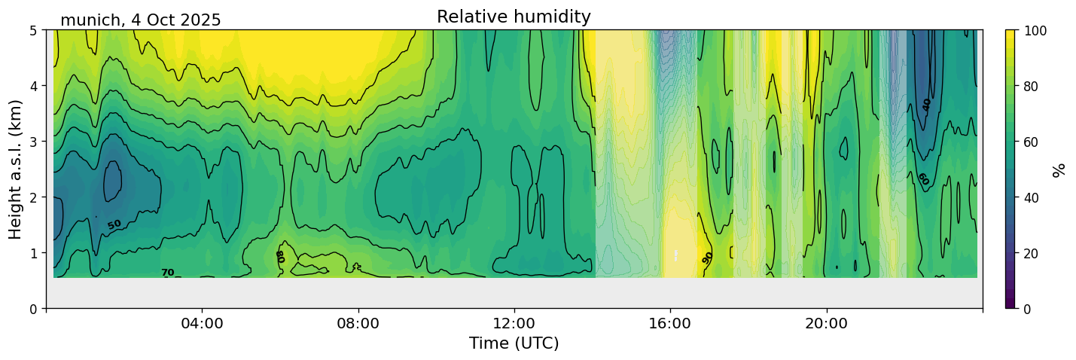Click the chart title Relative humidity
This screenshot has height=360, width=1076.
[x=514, y=17]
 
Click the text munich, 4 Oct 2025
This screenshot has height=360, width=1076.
[x=141, y=20]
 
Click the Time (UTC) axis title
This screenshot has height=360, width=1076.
[x=514, y=343]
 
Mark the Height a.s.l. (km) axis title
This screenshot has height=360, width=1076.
[x=16, y=169]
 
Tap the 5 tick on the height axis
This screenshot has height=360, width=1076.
[x=34, y=30]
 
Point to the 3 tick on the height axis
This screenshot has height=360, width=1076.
[x=34, y=142]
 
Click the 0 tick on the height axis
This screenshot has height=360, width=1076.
[x=34, y=309]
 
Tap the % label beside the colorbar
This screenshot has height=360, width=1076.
[x=1059, y=169]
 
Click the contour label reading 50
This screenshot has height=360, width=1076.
[x=114, y=224]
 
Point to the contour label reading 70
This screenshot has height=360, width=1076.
[x=167, y=273]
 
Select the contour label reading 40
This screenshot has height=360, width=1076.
[x=927, y=105]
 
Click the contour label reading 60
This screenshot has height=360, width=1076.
[x=922, y=179]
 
